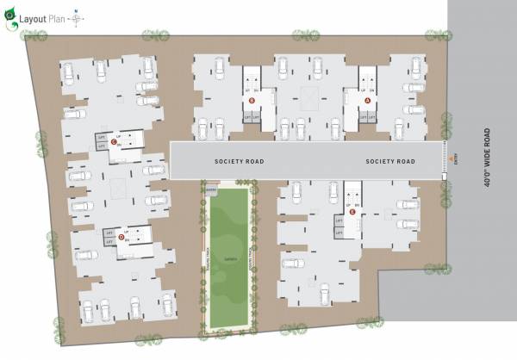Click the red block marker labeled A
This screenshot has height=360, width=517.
click(368, 101)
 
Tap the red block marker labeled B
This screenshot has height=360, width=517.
click(252, 101)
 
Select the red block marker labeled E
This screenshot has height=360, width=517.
click(352, 211)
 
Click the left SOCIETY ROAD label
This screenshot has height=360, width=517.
click(239, 162)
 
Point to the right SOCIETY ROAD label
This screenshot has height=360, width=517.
click(390, 162)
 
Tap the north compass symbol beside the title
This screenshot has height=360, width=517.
click(78, 16)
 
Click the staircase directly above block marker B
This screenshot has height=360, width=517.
click(252, 78)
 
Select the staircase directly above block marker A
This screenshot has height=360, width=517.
click(368, 78)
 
